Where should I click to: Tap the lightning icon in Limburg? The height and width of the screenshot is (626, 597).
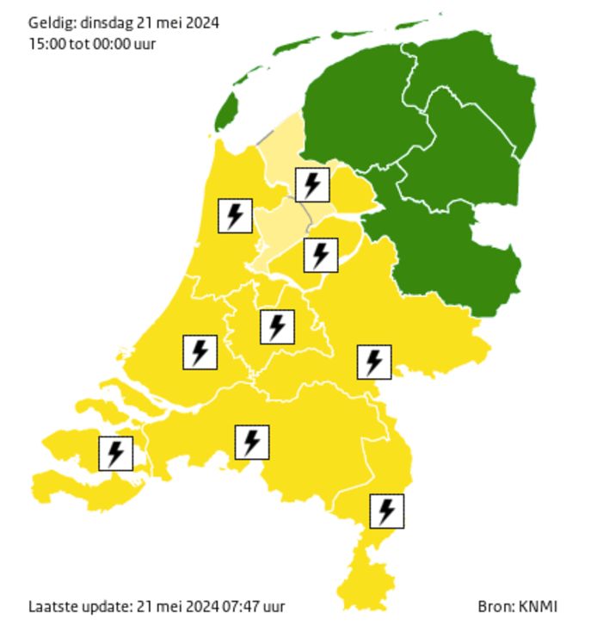386,511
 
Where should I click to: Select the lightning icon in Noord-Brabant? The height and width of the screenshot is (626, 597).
251,442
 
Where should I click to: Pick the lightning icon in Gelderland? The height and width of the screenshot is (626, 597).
373,362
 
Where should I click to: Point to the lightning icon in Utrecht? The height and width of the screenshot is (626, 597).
276,326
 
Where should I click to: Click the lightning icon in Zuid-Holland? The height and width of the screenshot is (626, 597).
200,352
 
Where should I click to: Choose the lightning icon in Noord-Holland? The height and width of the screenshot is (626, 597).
234,215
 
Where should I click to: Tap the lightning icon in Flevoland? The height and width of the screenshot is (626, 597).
320,255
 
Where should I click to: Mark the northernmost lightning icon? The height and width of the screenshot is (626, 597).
311,184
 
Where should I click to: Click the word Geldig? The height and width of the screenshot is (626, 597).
46,23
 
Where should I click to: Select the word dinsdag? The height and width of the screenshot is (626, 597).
103,23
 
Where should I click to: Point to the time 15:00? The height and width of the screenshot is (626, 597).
44,43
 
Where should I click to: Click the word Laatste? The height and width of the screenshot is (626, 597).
53,606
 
